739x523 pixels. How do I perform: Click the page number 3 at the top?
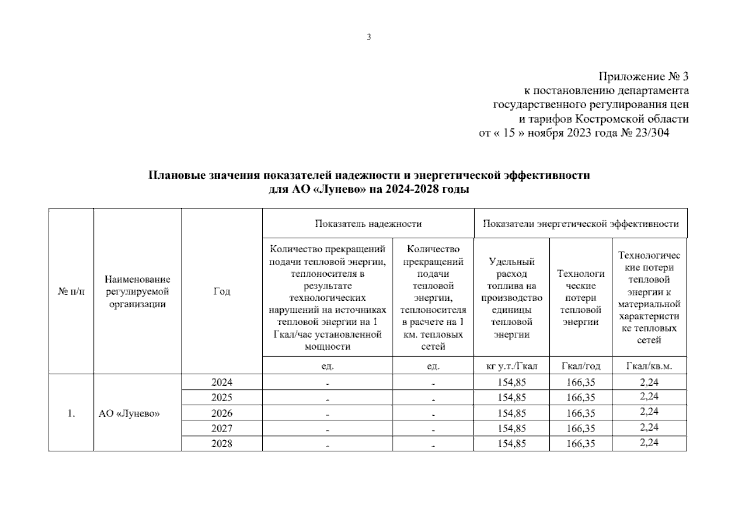click(369, 37)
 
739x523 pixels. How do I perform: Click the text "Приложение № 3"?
click(644, 77)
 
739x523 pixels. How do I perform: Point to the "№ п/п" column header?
click(71, 291)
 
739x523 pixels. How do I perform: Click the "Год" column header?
click(222, 291)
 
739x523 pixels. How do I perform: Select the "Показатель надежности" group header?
click(368, 224)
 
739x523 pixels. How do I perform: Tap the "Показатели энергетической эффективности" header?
click(580, 224)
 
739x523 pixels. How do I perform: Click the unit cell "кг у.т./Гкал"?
click(512, 366)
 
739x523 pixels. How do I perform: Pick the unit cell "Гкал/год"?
click(581, 366)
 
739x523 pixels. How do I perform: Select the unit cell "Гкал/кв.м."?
click(649, 366)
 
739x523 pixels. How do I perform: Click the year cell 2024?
click(222, 382)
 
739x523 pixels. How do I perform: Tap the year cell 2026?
click(222, 413)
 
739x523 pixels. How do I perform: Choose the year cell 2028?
click(222, 443)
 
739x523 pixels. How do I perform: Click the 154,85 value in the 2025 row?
click(512, 397)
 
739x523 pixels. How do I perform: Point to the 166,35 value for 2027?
click(581, 428)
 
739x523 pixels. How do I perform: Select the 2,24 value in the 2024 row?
click(649, 382)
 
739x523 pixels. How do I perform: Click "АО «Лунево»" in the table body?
click(129, 413)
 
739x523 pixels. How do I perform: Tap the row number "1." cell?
click(71, 413)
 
